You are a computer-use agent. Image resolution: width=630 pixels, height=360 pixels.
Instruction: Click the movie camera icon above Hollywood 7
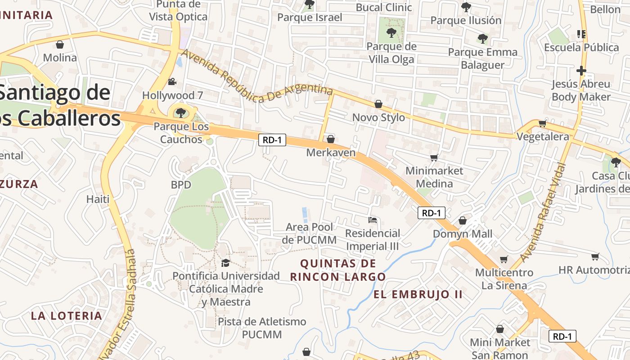(171, 82)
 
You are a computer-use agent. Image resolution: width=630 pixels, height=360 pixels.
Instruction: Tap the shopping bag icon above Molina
(59, 45)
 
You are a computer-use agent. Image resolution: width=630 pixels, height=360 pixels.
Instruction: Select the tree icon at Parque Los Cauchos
(180, 112)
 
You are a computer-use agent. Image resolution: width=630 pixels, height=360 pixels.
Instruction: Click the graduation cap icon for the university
(225, 263)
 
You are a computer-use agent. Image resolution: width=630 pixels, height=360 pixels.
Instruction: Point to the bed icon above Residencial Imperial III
(373, 220)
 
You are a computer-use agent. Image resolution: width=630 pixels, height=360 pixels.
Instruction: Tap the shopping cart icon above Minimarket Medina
(434, 157)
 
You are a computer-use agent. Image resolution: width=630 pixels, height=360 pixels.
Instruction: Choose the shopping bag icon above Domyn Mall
(462, 220)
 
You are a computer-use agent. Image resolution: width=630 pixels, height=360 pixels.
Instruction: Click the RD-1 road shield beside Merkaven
(272, 140)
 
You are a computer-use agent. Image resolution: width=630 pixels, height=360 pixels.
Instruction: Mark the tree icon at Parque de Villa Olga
(391, 32)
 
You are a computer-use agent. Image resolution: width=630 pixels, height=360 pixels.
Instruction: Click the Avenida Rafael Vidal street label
(543, 212)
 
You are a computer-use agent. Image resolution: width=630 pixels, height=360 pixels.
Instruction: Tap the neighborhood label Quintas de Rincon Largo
(337, 270)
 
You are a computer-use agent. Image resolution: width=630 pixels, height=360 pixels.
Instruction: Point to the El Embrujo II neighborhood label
(418, 294)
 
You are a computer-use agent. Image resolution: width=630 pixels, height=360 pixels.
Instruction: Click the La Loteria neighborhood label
(67, 315)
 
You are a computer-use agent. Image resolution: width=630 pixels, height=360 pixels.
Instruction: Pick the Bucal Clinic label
(384, 7)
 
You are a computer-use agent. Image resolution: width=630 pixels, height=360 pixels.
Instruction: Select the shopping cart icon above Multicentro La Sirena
(504, 259)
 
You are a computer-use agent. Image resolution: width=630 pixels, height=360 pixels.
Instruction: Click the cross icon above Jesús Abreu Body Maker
(581, 71)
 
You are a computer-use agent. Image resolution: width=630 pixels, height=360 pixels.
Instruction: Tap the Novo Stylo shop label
(378, 117)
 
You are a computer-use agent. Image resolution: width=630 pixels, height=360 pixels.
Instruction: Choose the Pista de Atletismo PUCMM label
(262, 328)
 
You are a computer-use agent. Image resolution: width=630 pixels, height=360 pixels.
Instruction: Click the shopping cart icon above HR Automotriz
(595, 256)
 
